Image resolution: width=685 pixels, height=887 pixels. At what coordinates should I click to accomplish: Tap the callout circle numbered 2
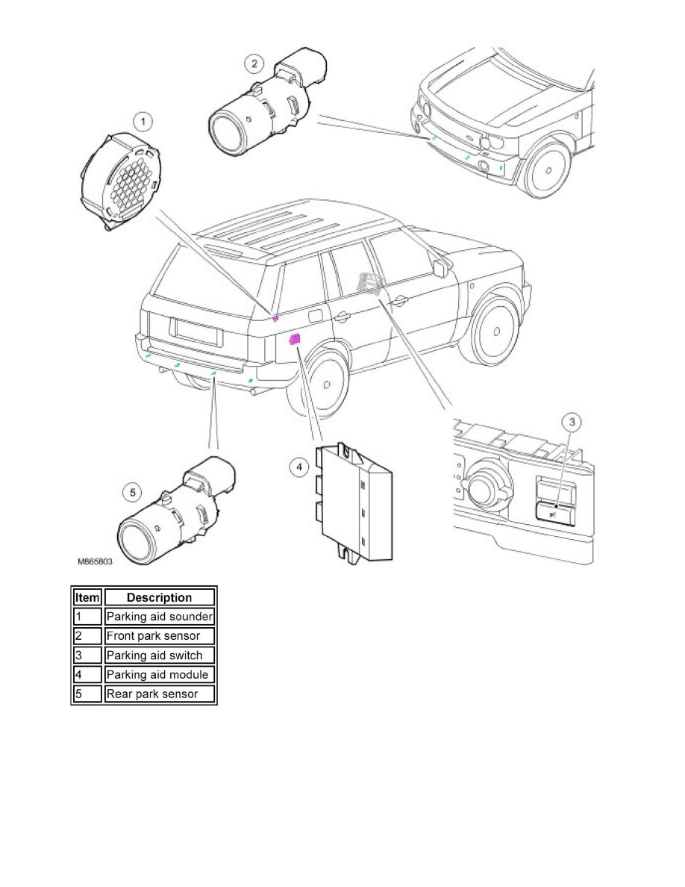[x=254, y=64]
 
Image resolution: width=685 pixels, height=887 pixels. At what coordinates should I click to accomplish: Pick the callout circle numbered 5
[x=133, y=492]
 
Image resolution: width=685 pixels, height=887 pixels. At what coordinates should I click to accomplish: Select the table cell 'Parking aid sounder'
[x=160, y=617]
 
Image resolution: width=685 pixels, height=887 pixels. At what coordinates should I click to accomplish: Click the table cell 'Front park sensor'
[x=160, y=636]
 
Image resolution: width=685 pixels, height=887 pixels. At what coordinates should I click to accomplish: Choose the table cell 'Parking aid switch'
[x=160, y=656]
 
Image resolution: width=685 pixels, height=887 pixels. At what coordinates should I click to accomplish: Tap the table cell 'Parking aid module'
[x=160, y=675]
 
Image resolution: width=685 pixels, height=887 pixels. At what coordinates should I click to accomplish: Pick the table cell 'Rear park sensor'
[x=160, y=694]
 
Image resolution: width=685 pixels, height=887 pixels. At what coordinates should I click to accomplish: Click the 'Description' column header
[x=160, y=597]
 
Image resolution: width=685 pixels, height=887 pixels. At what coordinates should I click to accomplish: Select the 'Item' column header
[x=87, y=597]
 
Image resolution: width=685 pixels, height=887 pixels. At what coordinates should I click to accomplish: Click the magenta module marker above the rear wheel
[x=295, y=340]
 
